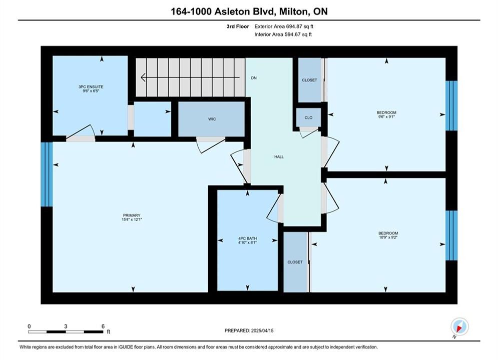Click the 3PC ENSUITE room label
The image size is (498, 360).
(x=91, y=86)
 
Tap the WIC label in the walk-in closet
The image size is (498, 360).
(x=212, y=119)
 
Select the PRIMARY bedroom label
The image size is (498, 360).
(x=132, y=215)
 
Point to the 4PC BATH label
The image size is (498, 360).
(x=247, y=238)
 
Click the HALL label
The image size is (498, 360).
(x=279, y=156)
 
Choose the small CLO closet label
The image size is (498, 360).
(x=308, y=117)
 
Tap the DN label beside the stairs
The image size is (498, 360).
(x=254, y=78)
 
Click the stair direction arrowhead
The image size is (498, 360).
(x=143, y=77)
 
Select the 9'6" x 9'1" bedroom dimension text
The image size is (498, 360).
(x=386, y=116)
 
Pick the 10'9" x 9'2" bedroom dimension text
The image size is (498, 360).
(x=388, y=237)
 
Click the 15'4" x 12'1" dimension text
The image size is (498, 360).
(x=132, y=219)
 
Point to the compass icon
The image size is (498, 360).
(x=459, y=326)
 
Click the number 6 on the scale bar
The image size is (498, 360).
(x=103, y=326)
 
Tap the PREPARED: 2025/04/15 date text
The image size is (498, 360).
(x=249, y=330)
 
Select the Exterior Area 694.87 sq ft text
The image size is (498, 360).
(x=284, y=26)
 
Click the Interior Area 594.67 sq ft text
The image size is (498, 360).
(x=283, y=34)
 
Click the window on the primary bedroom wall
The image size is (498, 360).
(x=47, y=174)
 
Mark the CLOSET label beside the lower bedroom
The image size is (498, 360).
(x=295, y=262)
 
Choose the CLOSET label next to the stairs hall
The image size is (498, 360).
(x=310, y=80)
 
